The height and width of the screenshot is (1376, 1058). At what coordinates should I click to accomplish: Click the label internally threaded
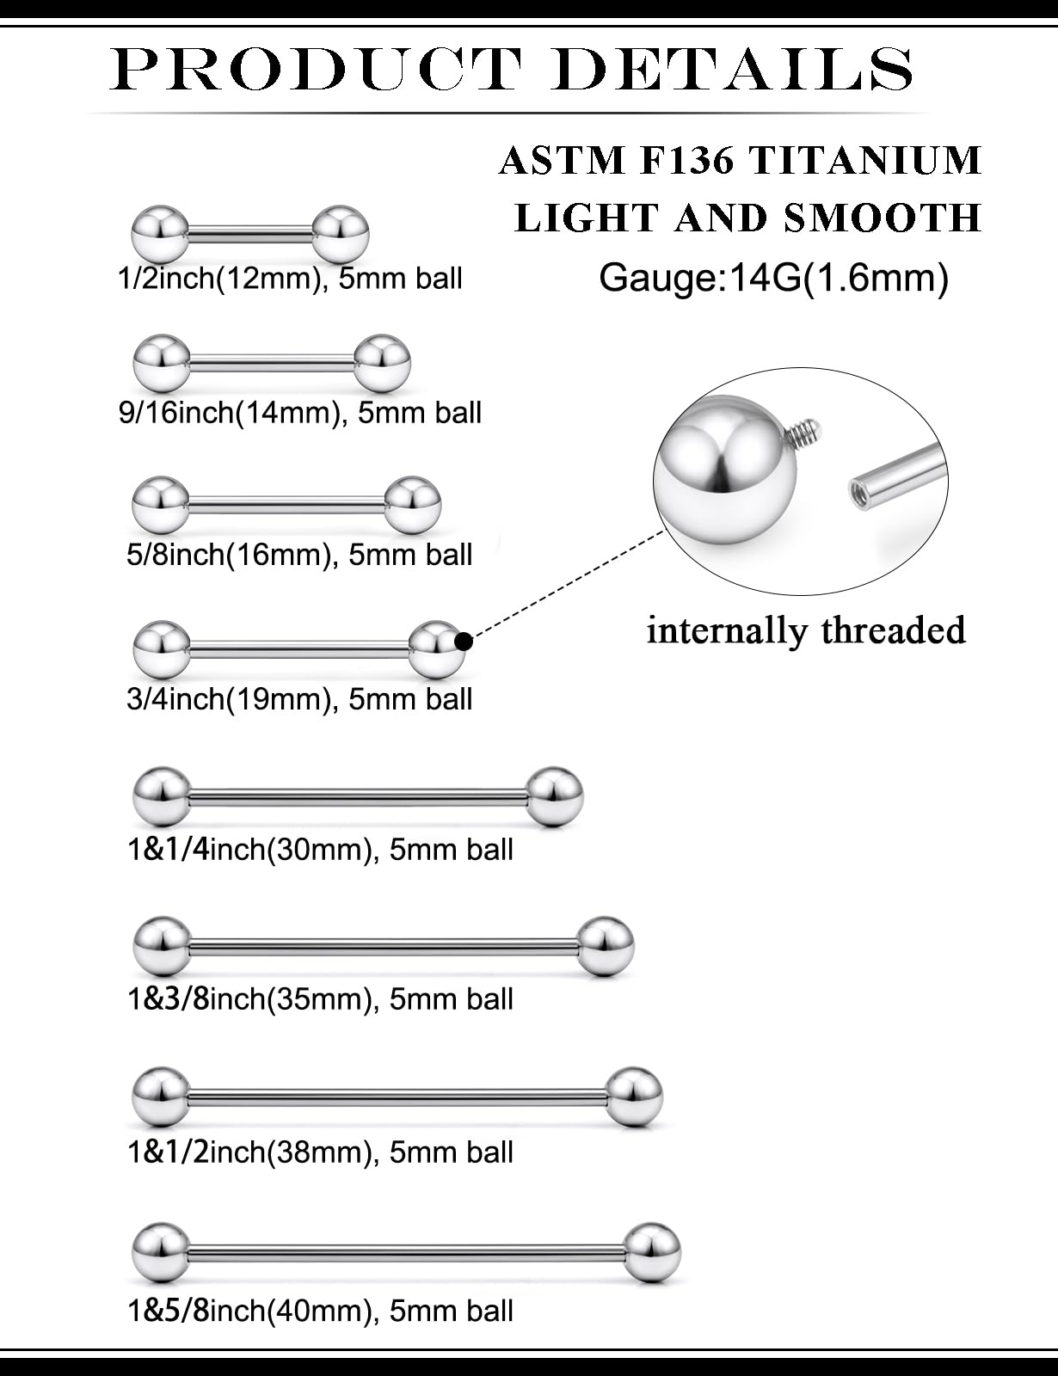click(806, 630)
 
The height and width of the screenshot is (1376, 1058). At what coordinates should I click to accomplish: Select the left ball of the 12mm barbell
click(159, 232)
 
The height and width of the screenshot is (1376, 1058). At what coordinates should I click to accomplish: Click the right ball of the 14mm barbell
click(382, 360)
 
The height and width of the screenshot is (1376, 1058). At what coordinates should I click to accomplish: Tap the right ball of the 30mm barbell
click(554, 795)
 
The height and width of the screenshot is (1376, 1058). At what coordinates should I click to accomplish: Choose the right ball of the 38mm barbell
click(634, 1096)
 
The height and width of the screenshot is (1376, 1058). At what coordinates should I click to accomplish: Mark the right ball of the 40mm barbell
click(651, 1250)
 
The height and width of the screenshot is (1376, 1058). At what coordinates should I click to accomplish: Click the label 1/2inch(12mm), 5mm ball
click(290, 279)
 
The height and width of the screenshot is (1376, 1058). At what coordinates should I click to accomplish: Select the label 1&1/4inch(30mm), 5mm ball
click(320, 850)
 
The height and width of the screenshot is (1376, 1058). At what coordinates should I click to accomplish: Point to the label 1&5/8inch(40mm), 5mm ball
click(320, 1310)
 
